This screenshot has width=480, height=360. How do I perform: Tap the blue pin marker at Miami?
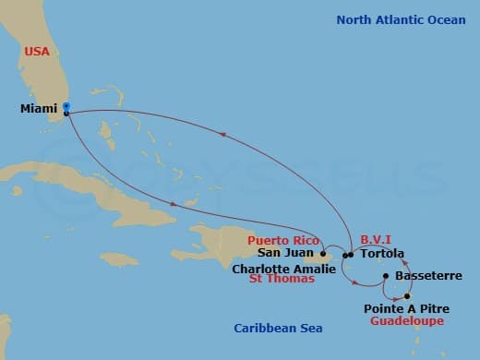click(x=66, y=107)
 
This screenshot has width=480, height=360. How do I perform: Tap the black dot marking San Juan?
click(x=322, y=252)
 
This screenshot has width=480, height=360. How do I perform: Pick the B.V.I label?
click(x=378, y=238)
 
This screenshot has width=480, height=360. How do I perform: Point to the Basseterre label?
click(x=423, y=275)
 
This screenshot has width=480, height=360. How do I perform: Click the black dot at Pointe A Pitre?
click(x=406, y=295)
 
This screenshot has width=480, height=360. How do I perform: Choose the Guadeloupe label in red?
click(x=406, y=320)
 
